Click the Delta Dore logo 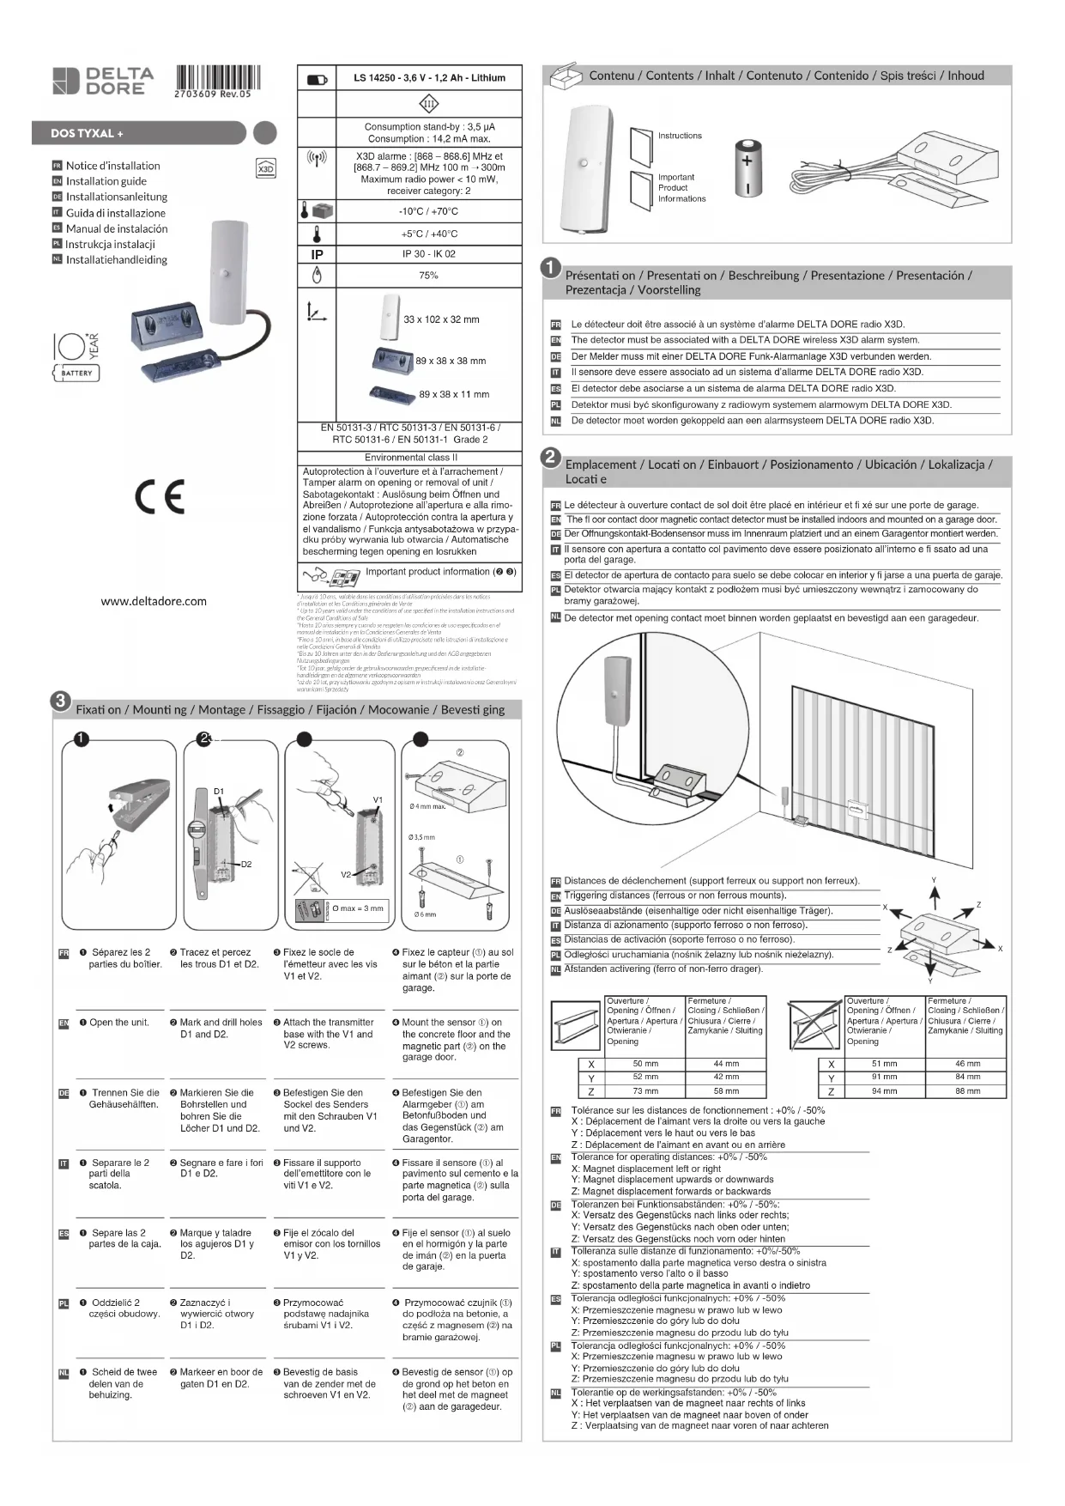pyautogui.click(x=103, y=81)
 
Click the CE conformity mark pyautogui.click(x=159, y=496)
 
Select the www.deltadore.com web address pyautogui.click(x=154, y=601)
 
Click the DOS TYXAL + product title pyautogui.click(x=87, y=133)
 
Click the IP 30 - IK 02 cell pyautogui.click(x=428, y=254)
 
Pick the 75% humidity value pyautogui.click(x=428, y=276)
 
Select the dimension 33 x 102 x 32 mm pyautogui.click(x=441, y=319)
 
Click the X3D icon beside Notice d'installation pyautogui.click(x=266, y=167)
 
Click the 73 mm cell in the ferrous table pyautogui.click(x=645, y=1091)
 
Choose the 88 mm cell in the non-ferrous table pyautogui.click(x=967, y=1091)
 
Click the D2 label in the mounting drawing pyautogui.click(x=245, y=864)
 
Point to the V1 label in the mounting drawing pyautogui.click(x=378, y=799)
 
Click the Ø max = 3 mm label pyautogui.click(x=358, y=908)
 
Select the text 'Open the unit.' pyautogui.click(x=119, y=1023)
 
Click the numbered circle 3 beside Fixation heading pyautogui.click(x=61, y=700)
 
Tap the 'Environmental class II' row pyautogui.click(x=410, y=458)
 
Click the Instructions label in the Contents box pyautogui.click(x=680, y=136)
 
